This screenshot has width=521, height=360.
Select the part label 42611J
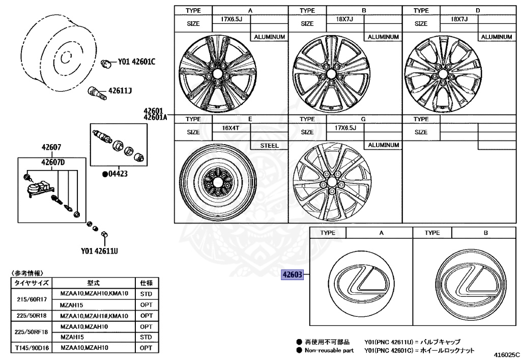120,91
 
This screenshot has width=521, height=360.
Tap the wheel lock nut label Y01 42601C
136,62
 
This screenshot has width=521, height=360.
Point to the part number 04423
117,174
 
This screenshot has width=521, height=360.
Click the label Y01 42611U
100,251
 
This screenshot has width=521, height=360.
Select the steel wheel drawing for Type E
218,184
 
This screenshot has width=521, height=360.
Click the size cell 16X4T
230,128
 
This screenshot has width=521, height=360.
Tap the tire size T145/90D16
31,348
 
